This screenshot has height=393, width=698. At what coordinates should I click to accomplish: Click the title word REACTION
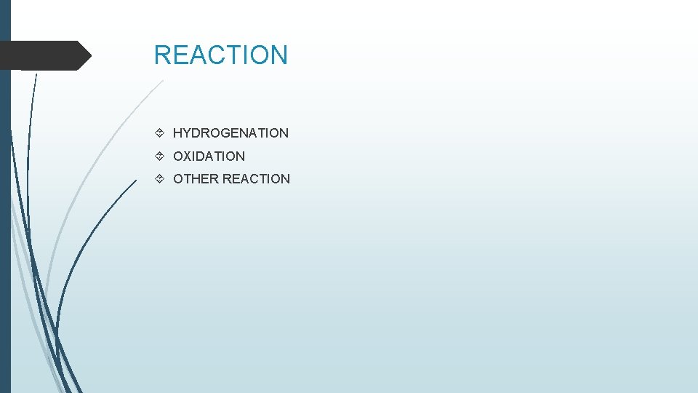[221, 55]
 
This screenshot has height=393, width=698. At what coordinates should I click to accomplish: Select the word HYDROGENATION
[230, 133]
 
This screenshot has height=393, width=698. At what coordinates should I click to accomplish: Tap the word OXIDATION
[209, 156]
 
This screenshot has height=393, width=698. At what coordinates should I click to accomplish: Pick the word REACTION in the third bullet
[256, 179]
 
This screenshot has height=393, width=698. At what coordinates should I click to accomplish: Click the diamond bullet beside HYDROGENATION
[160, 133]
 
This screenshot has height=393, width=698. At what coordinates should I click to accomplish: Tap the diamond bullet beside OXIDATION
[160, 156]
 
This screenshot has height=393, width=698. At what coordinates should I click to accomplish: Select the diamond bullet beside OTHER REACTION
[160, 179]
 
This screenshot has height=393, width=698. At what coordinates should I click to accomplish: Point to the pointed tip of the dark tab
[89, 55]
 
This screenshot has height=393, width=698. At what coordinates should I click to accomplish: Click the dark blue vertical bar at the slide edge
[5, 218]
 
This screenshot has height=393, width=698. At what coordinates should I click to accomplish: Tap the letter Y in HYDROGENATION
[188, 133]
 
